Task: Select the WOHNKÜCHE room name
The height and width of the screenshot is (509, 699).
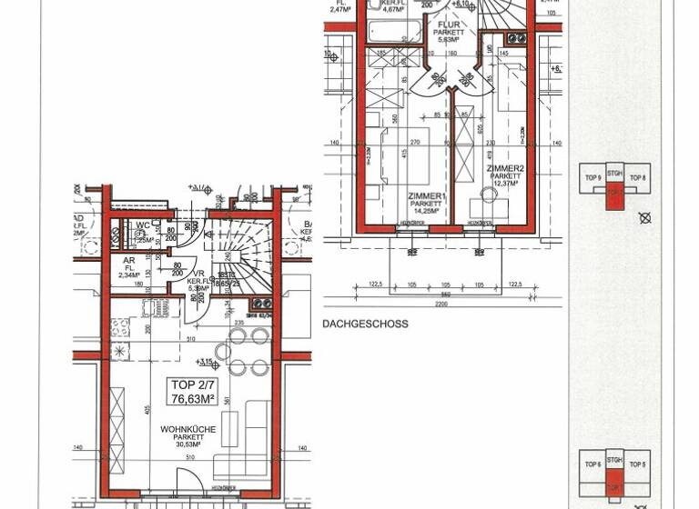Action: pyautogui.click(x=186, y=428)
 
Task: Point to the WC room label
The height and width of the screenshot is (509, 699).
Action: pyautogui.click(x=143, y=226)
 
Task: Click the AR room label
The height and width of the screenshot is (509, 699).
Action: pyautogui.click(x=129, y=260)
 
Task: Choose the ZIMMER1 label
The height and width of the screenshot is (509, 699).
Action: pyautogui.click(x=426, y=195)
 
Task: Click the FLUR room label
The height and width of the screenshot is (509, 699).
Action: pyautogui.click(x=449, y=25)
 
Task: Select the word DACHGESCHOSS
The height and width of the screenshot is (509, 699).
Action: pyautogui.click(x=365, y=324)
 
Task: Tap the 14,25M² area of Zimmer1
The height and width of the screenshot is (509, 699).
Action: pyautogui.click(x=426, y=212)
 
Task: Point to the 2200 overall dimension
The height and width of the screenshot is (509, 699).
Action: pyautogui.click(x=441, y=304)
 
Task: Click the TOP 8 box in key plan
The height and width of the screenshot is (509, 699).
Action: pyautogui.click(x=638, y=178)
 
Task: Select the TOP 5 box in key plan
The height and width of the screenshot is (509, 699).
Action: pyautogui.click(x=638, y=464)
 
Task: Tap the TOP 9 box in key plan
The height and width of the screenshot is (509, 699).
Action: pyautogui.click(x=593, y=178)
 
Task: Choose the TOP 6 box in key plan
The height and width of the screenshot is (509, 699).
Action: pyautogui.click(x=593, y=464)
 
